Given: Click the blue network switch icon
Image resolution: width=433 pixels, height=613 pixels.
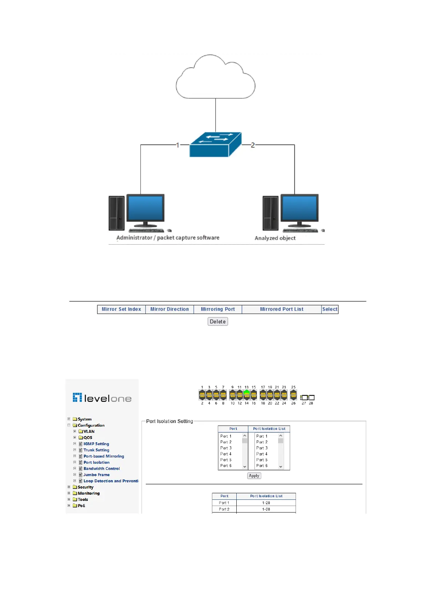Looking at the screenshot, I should [215, 145].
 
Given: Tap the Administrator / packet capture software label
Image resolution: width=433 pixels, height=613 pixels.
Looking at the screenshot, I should [168, 238].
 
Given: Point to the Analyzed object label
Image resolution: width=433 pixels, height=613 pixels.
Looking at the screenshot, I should [275, 238].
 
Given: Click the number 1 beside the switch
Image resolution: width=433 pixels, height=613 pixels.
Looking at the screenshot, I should [177, 145].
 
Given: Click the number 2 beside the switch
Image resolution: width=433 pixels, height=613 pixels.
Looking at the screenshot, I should [253, 145].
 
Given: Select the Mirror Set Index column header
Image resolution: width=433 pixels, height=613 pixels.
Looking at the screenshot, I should [121, 309].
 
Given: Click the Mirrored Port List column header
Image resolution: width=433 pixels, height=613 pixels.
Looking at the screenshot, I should [281, 309].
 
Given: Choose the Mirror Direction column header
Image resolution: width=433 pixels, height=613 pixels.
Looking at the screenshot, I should [169, 309].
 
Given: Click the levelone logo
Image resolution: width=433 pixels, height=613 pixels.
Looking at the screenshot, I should [102, 398].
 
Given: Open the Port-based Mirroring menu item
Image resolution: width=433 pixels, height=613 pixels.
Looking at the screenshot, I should [104, 456].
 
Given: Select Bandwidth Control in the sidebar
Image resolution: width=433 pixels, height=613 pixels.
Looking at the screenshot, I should [101, 469].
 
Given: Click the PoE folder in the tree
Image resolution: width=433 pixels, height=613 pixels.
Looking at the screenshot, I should [81, 506].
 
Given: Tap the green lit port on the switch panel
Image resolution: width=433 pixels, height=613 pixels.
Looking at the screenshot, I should [246, 393].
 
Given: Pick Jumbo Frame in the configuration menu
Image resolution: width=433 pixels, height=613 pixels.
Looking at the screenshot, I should [96, 475].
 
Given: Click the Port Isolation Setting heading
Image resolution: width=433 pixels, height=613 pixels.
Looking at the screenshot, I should [169, 422].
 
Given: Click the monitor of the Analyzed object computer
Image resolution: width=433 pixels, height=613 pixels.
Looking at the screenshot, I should [300, 208].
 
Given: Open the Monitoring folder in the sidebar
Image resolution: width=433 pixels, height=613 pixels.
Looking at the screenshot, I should [88, 494].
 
